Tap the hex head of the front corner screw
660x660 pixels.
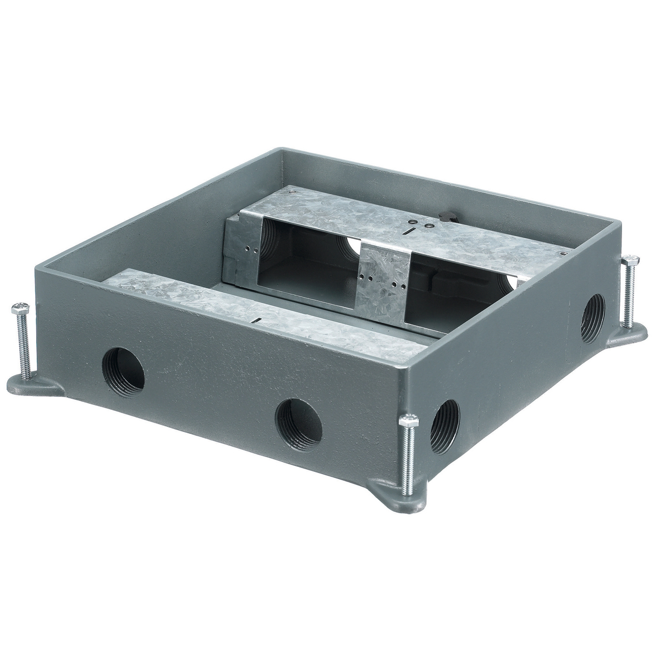410,421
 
